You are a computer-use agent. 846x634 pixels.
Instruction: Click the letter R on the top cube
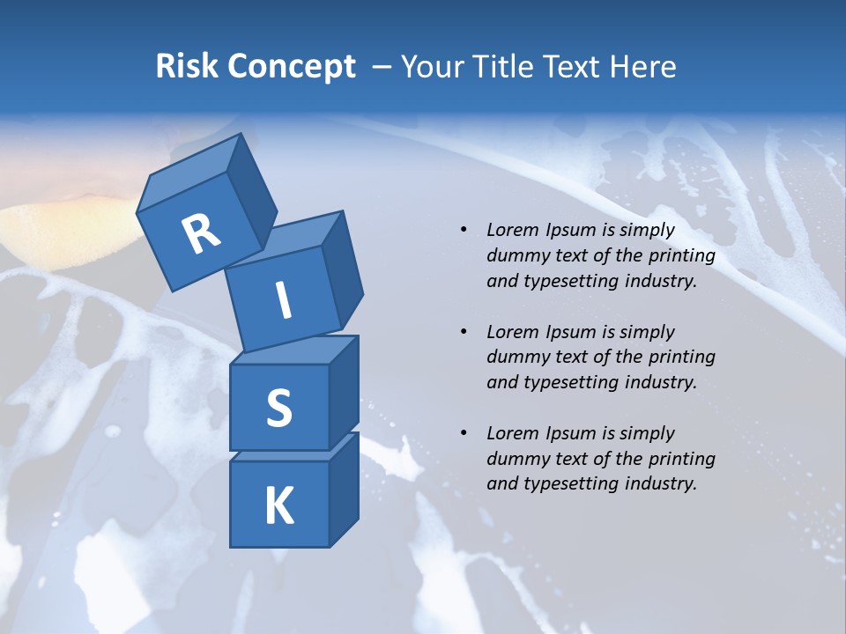[x=201, y=234]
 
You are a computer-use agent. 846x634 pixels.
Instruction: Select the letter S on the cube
[x=278, y=408]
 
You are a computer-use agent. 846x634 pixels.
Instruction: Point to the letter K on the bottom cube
[x=278, y=506]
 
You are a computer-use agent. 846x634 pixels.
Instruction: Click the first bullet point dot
[x=464, y=231]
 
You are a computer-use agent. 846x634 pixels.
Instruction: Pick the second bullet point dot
[x=464, y=332]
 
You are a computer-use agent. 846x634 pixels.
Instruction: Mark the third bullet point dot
[x=464, y=433]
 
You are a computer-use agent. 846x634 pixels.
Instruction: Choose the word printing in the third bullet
[x=682, y=458]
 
